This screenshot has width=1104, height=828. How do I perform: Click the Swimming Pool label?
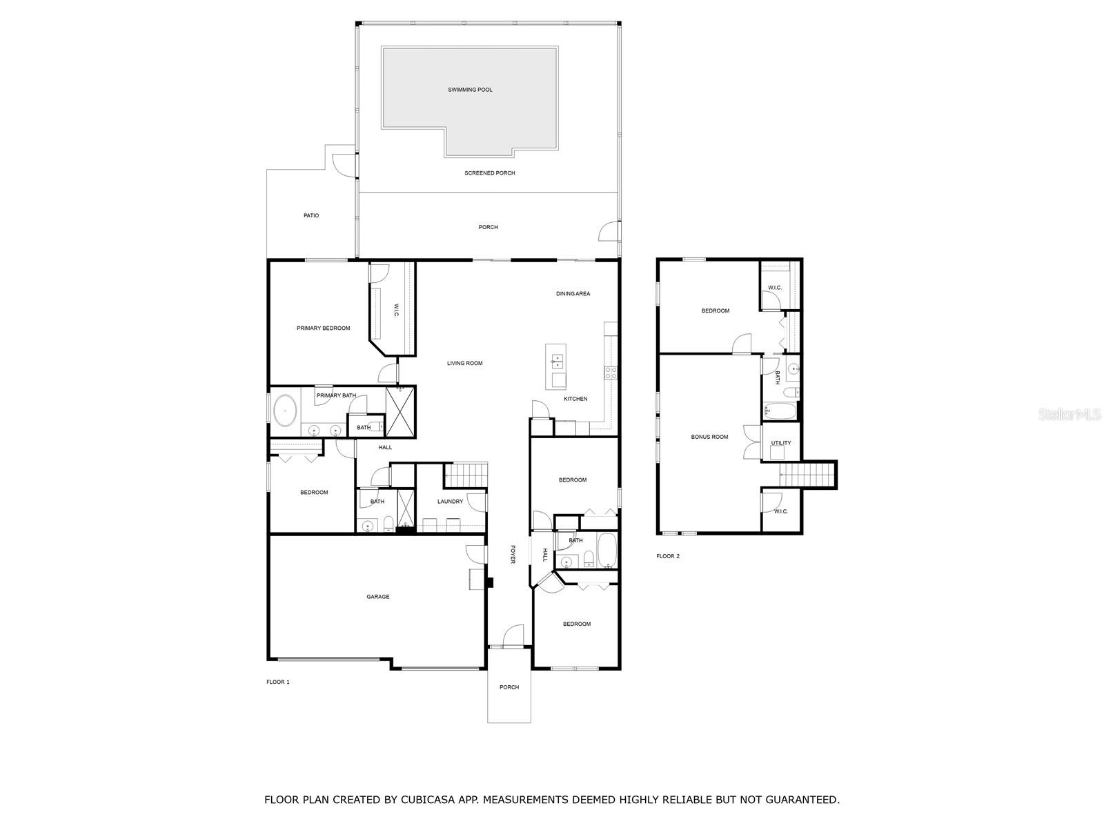pos(470,90)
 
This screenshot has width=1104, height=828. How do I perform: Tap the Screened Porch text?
pos(489,173)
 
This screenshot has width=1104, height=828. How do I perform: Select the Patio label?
pos(311,216)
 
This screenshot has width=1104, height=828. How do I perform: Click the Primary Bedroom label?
pos(323,328)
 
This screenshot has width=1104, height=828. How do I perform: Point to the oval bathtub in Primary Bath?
pos(285,412)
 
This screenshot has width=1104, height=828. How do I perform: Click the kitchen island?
pos(556,366)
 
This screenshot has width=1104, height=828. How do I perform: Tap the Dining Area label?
pos(573,294)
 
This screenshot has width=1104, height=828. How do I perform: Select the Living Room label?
pos(464,364)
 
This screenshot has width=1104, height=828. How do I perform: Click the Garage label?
pos(377,597)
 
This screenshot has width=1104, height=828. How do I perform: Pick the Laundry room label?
pos(450,502)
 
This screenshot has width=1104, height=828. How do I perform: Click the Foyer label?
pos(512,554)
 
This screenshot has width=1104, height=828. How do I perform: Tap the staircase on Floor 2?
pos(807,475)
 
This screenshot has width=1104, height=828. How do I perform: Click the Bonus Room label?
pos(709,437)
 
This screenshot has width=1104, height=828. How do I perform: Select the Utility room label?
pos(781,443)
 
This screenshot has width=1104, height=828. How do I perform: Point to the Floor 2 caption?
pos(667,556)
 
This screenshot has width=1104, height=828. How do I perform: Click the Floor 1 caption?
pos(277,682)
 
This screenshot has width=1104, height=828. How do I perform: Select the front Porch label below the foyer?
pos(509,687)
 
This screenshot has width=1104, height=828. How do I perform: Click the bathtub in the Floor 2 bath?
pos(780,412)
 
